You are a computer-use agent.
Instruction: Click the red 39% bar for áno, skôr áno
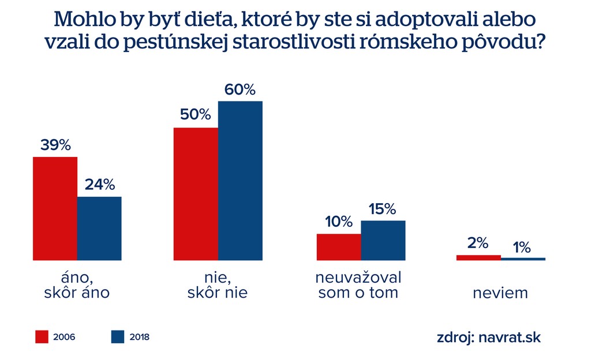(55, 208)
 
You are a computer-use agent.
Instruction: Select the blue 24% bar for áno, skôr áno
(99, 228)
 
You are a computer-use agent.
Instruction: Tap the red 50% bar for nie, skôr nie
(196, 194)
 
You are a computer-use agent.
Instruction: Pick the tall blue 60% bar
(240, 181)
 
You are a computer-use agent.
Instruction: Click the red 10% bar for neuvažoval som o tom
(338, 247)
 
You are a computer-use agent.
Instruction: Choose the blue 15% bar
(383, 240)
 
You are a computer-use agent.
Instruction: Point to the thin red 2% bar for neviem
(478, 257)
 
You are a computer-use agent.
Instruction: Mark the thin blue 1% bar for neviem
(523, 259)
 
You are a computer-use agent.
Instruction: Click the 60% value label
(240, 90)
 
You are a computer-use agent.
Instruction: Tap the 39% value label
(55, 145)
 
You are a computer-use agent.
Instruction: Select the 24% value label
(100, 185)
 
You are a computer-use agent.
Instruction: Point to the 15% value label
(383, 208)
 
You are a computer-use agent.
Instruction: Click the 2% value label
(478, 243)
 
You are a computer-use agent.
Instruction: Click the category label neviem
(500, 292)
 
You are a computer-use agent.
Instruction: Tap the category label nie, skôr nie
(218, 284)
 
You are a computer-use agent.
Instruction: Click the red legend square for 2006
(42, 336)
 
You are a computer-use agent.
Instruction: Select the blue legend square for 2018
(117, 336)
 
